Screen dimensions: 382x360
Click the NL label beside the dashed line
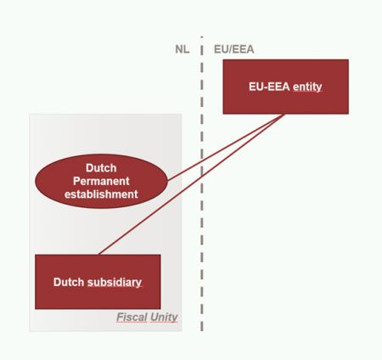coord(183,49)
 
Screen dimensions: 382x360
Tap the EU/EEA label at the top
coord(234,49)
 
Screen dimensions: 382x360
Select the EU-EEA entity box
coord(286,87)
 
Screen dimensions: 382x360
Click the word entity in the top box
coord(307,87)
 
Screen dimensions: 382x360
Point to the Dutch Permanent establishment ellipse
coord(101,181)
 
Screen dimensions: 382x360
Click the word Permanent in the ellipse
coord(101,181)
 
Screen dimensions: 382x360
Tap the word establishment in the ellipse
coord(101,194)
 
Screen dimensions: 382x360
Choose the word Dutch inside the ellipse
coord(101,168)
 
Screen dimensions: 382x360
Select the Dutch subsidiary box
coord(98,282)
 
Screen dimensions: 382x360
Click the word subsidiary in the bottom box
coord(115,282)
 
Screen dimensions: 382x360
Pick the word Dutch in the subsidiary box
coord(69,282)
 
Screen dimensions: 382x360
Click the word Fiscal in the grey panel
coord(132,318)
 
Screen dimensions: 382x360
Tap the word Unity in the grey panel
coord(164,318)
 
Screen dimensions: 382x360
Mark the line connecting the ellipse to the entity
coord(226,148)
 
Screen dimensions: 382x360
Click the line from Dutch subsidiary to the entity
coord(191,184)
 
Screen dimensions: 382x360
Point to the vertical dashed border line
coord(202,183)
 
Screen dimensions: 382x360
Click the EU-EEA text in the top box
coord(269,87)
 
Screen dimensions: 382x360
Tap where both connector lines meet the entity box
coord(284,115)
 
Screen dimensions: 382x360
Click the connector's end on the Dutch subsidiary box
coord(98,255)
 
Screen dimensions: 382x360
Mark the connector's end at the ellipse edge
coord(168,181)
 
